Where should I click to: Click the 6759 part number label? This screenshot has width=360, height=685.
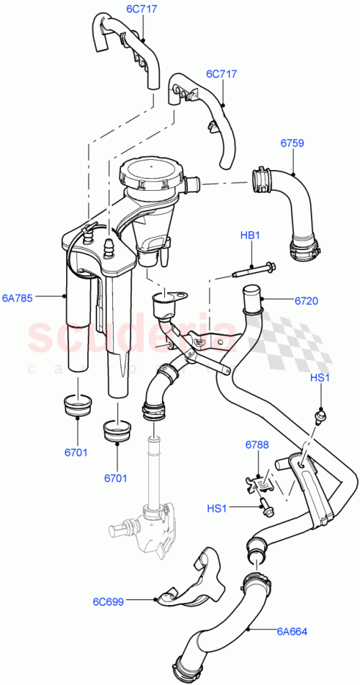pyautogui.click(x=292, y=143)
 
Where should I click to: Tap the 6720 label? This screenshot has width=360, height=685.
pyautogui.click(x=305, y=300)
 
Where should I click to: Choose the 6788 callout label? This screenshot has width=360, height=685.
pyautogui.click(x=256, y=445)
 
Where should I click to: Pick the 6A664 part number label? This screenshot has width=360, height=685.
pyautogui.click(x=292, y=632)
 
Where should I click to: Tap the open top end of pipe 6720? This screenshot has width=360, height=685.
pyautogui.click(x=251, y=292)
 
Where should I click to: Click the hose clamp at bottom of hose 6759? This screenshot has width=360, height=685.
pyautogui.click(x=305, y=249)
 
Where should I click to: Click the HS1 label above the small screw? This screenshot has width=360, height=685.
pyautogui.click(x=319, y=378)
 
